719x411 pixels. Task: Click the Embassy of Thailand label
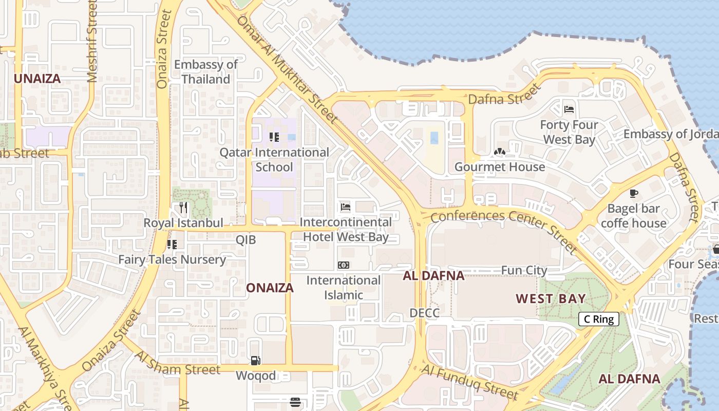pos(205,72)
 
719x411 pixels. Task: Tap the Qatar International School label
pos(274,160)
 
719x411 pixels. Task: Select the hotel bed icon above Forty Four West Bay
pos(569,109)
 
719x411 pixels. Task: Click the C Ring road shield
pos(599,319)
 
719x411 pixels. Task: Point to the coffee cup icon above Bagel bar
pos(634,194)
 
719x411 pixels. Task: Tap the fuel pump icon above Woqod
pos(255,361)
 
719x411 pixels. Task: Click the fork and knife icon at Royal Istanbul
pos(183,208)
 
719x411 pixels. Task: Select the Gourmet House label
pos(500,167)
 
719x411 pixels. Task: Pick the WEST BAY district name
pos(551,298)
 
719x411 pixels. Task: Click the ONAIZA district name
pos(270,288)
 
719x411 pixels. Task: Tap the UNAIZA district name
pos(37,79)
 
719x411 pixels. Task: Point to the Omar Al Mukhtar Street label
pos(288,69)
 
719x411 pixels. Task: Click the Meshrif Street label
pos(92,41)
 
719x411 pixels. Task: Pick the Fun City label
pos(524,270)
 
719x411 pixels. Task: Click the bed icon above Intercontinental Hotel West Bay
pos(346,207)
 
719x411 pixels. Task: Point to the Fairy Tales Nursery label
pos(172,259)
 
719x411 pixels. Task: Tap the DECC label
pos(424,313)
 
